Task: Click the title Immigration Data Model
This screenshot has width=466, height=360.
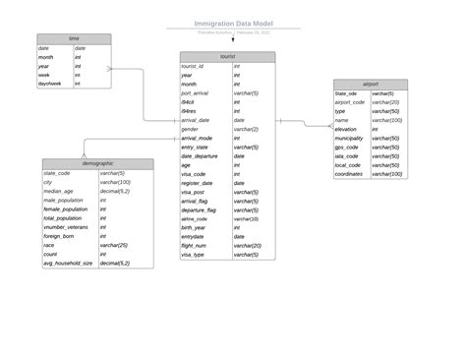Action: [233, 23]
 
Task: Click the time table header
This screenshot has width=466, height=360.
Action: [74, 38]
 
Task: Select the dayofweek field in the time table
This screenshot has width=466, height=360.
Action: [50, 84]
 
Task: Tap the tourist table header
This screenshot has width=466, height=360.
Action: [227, 57]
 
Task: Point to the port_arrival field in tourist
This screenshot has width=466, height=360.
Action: [195, 92]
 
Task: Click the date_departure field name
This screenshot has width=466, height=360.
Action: [200, 155]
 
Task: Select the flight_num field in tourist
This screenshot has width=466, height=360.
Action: [194, 245]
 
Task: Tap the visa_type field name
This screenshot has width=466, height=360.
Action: [193, 254]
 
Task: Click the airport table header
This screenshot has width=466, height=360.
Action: [370, 85]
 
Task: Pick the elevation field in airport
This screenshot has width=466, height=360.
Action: [346, 129]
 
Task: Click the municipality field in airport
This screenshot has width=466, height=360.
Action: [349, 138]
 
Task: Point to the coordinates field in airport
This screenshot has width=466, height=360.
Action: [349, 173]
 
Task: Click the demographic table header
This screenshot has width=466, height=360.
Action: [97, 163]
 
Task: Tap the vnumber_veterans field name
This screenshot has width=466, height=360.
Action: [67, 226]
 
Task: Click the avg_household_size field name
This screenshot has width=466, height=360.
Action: [68, 263]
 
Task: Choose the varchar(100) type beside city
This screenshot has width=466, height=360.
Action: [115, 182]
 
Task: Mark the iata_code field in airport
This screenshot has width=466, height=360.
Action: [347, 155]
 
